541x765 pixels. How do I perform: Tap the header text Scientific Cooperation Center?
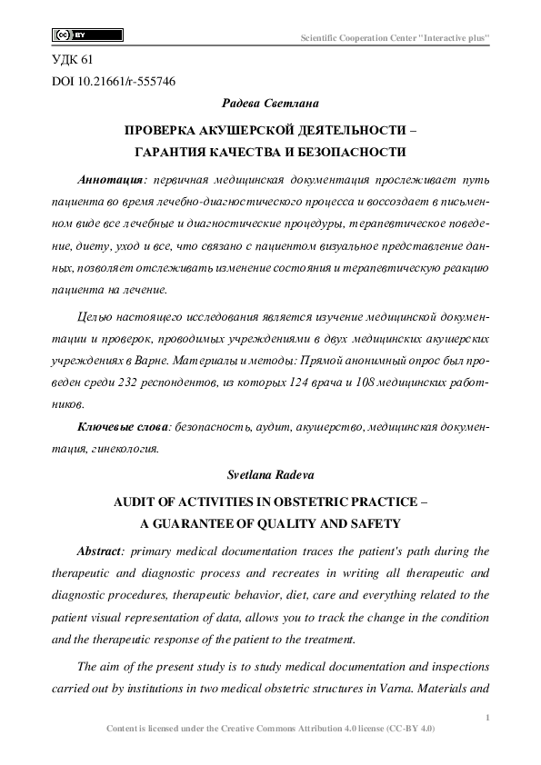coord(396,37)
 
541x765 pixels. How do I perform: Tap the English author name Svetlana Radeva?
coord(269,474)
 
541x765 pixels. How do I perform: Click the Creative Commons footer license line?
coord(270,729)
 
